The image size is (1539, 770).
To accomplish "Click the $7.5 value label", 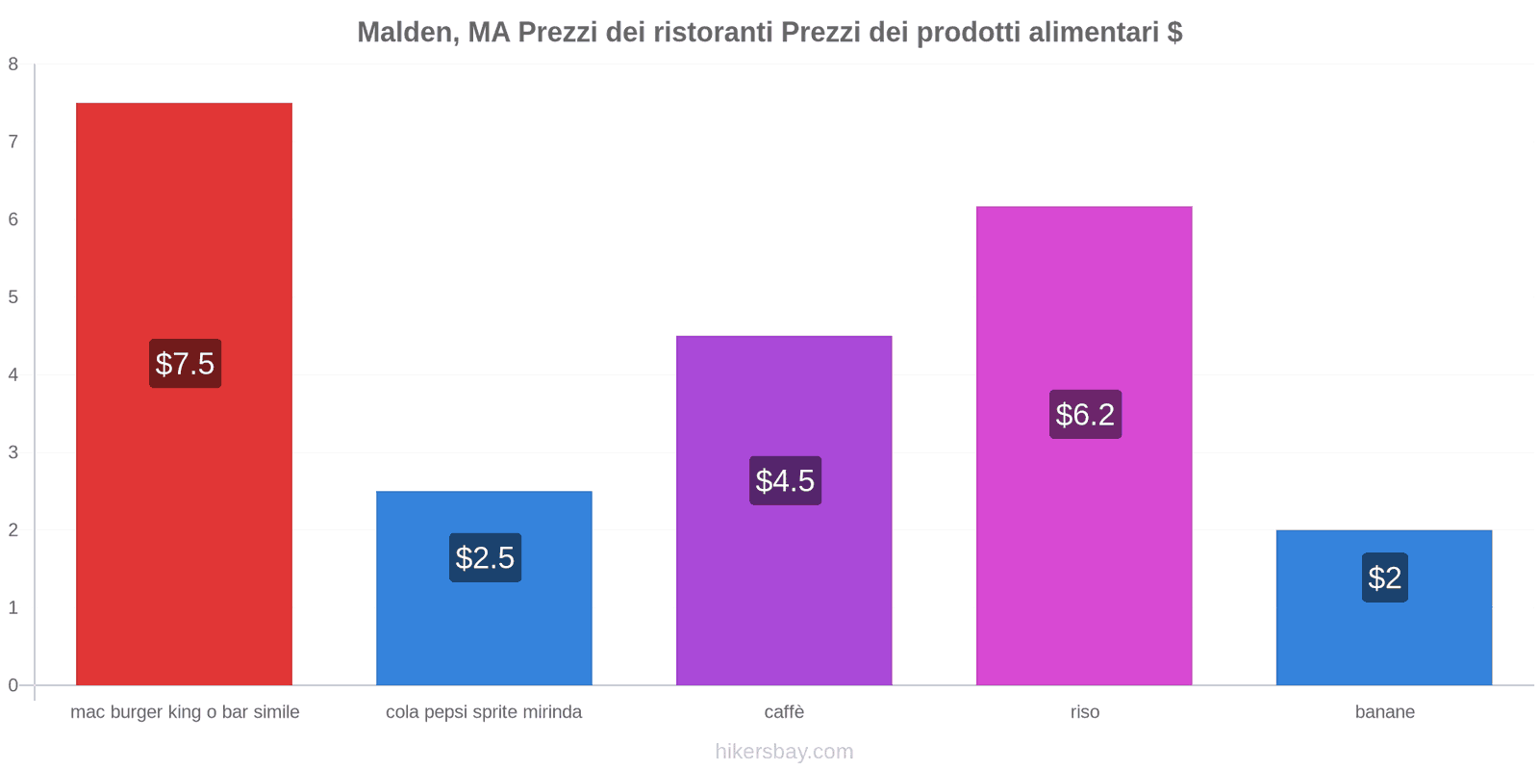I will point(185,364).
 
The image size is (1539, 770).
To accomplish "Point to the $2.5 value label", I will point(485,558).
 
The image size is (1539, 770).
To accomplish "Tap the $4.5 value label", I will point(785,480).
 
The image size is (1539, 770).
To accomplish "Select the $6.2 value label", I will point(1085,415).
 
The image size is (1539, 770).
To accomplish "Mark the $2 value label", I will point(1384,577).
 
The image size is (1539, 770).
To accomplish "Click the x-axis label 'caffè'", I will point(784,712).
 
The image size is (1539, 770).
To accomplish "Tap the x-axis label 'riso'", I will point(1084,712).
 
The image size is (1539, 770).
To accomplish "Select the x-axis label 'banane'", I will point(1384,712).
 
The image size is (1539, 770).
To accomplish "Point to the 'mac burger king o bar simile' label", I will point(185,712).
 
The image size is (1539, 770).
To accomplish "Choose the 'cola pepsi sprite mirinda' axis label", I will point(484,712).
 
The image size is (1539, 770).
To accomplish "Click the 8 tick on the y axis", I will point(13,64).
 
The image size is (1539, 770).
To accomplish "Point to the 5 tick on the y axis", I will point(13,297).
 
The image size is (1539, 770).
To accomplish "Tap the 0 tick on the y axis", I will point(13,685).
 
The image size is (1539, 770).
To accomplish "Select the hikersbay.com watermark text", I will point(784,752).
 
